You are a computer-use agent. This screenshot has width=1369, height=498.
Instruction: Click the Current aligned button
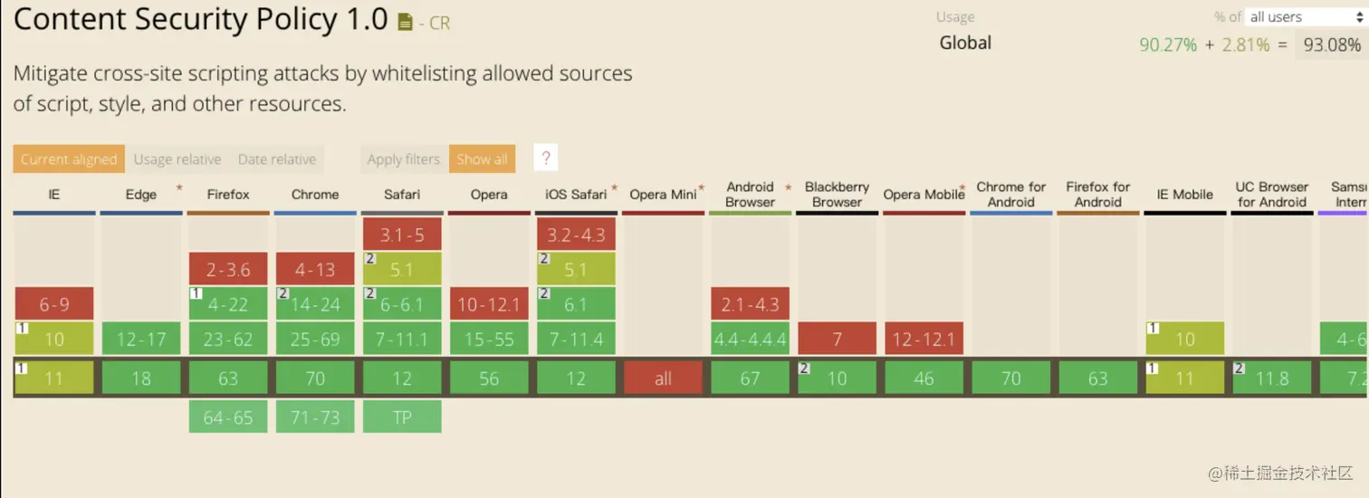coord(69,159)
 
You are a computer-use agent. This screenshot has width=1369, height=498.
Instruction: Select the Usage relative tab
coord(177,159)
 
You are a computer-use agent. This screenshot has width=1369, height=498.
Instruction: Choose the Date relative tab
coord(277,159)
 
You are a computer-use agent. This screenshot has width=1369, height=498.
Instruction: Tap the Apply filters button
coord(403,159)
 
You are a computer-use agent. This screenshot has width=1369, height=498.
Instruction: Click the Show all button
coord(482,159)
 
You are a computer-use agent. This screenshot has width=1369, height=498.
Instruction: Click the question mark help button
coord(546,158)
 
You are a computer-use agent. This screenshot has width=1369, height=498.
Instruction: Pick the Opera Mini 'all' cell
coord(664,378)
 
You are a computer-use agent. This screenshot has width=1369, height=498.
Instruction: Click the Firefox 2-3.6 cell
coord(228,270)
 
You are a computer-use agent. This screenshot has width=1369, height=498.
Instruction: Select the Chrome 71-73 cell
coord(315,417)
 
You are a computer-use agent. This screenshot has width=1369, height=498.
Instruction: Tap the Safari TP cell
coord(402,417)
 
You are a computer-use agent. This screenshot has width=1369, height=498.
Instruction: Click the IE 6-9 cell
coord(54,304)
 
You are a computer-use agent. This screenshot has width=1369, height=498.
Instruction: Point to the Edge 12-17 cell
coord(141,339)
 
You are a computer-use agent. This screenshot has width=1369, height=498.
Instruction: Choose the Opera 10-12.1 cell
coord(489,304)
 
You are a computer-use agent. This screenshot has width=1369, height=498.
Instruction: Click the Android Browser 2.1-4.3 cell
coord(750,304)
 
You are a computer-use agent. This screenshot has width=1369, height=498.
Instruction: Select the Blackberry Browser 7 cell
coord(838,339)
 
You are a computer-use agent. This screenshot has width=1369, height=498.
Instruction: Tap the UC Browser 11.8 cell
coord(1271,378)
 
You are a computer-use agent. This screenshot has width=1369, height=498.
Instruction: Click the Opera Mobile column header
coord(924,195)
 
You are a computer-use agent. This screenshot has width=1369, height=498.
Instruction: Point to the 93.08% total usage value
coord(1331,44)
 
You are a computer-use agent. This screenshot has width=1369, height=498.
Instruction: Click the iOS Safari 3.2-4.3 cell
coord(576,235)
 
